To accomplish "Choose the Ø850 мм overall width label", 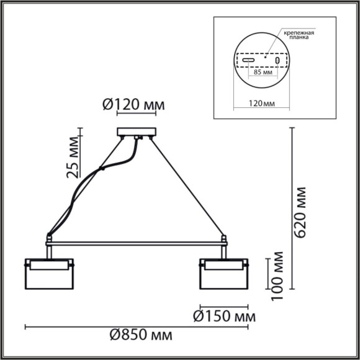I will tap(140, 336).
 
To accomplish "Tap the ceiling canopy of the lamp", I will tap(137, 132).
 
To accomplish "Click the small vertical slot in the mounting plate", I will tap(277, 61).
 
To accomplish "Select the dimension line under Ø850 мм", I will tap(137, 325).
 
